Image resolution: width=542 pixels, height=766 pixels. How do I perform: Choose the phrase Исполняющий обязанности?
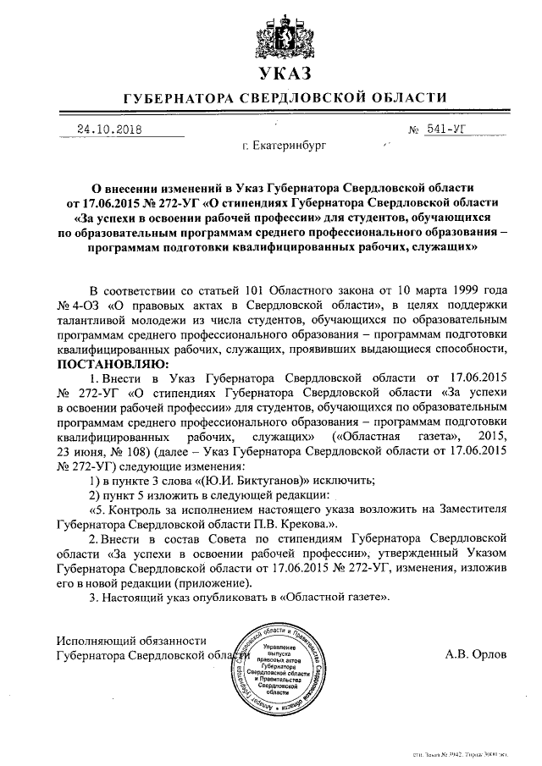click(x=131, y=640)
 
